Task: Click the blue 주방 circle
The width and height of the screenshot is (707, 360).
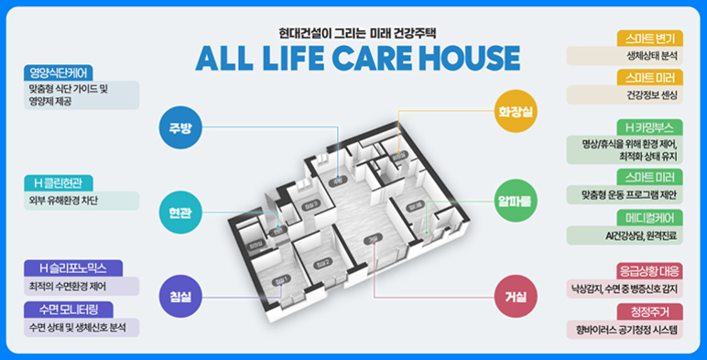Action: click(179, 127)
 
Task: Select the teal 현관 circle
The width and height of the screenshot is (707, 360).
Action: click(179, 212)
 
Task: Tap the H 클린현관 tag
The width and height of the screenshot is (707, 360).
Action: click(63, 182)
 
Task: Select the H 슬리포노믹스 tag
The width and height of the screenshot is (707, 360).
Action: click(73, 268)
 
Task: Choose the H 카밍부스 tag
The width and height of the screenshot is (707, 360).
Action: click(649, 126)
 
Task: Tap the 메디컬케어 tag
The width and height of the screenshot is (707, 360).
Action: click(649, 218)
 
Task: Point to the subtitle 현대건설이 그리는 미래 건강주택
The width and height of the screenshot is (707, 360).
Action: click(353, 30)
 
